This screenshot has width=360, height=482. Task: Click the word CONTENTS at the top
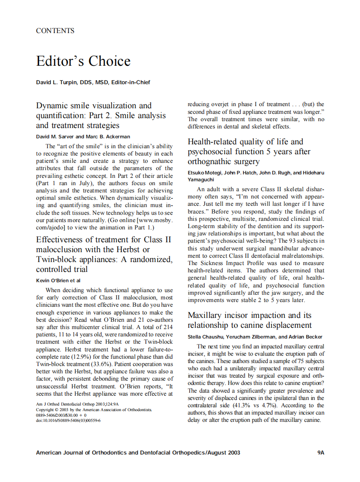point(55,31)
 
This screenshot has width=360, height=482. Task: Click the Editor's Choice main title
point(83,61)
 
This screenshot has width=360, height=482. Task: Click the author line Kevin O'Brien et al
point(58,281)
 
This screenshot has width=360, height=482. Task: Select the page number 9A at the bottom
point(320,453)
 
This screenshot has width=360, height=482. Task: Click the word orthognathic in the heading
point(209,162)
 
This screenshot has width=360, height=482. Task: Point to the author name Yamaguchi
point(202,179)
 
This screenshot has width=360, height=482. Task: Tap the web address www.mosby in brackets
point(158,220)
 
